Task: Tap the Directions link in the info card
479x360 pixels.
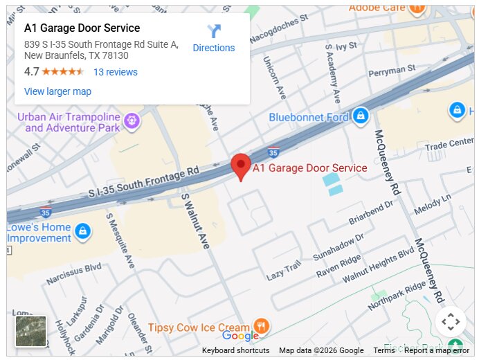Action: pyautogui.click(x=213, y=39)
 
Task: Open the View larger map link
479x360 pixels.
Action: pyautogui.click(x=57, y=91)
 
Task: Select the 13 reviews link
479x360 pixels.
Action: pyautogui.click(x=116, y=72)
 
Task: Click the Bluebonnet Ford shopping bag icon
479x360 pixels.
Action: pyautogui.click(x=359, y=116)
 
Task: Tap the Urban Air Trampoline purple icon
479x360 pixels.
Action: pyautogui.click(x=132, y=123)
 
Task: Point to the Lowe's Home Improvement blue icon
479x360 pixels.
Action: pyautogui.click(x=82, y=231)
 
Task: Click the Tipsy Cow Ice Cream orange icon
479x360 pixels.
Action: pyautogui.click(x=261, y=325)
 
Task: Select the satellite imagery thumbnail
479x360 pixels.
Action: pyautogui.click(x=31, y=332)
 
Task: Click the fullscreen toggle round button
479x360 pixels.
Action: pyautogui.click(x=451, y=321)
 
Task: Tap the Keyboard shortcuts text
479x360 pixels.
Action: pyautogui.click(x=235, y=350)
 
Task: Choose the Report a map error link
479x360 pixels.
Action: pyautogui.click(x=437, y=350)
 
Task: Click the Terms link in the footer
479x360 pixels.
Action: pyautogui.click(x=384, y=350)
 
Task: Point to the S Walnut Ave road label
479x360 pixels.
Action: pyautogui.click(x=195, y=220)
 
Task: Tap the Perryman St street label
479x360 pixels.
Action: pyautogui.click(x=392, y=69)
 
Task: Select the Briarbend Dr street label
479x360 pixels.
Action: pyautogui.click(x=371, y=214)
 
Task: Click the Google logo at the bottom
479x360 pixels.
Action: pyautogui.click(x=240, y=336)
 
